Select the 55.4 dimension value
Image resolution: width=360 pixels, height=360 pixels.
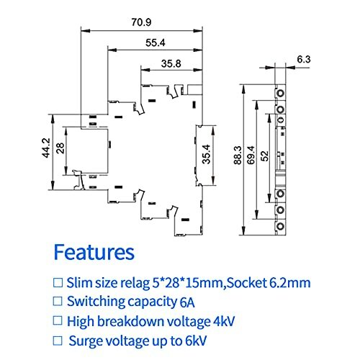point(155,42)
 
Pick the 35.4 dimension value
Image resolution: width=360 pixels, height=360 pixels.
point(207,155)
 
